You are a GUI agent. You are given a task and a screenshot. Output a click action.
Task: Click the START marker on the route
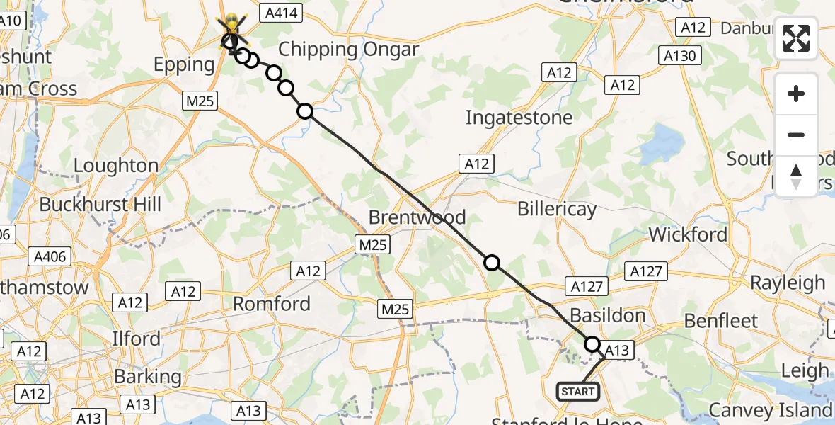[x=578, y=391]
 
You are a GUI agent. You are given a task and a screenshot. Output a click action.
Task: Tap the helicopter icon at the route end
[x=232, y=31]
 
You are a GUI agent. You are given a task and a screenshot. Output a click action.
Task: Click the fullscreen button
[x=796, y=38]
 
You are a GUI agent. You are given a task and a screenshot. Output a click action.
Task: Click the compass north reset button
[x=796, y=176]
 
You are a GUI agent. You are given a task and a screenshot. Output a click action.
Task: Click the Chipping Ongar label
[x=349, y=50]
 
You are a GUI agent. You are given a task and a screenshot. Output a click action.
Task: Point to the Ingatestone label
[x=519, y=117]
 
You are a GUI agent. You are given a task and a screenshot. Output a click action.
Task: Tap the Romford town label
[x=272, y=304]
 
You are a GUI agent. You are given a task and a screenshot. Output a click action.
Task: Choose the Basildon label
[x=607, y=314]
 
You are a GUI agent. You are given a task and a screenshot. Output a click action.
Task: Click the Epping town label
[x=184, y=64]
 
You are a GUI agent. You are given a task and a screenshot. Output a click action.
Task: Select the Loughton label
[x=116, y=166]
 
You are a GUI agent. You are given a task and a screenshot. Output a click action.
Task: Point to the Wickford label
[x=688, y=234]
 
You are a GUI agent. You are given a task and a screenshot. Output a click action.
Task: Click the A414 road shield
[x=281, y=13]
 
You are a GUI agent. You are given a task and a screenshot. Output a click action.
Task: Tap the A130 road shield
[x=679, y=55]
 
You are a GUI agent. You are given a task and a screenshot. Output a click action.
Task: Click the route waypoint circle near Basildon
[x=592, y=344]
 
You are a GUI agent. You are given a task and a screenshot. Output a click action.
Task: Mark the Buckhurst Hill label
[x=100, y=205]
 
